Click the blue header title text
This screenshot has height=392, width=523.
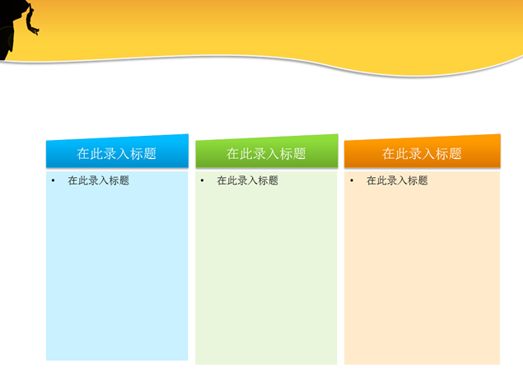tap(117, 153)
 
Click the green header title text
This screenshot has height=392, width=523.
tap(266, 153)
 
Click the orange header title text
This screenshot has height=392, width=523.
tap(422, 153)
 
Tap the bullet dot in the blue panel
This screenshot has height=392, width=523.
tap(53, 180)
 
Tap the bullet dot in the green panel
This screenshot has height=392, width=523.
tap(202, 180)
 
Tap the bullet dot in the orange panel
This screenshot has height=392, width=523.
tap(351, 180)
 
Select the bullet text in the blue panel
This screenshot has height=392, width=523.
tap(98, 180)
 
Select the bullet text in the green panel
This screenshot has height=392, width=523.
tap(247, 180)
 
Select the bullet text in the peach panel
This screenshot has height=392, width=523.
tap(397, 180)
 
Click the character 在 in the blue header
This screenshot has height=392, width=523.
tap(84, 153)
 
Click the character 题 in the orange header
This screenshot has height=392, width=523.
tap(455, 153)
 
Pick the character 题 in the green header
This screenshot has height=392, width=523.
tap(299, 153)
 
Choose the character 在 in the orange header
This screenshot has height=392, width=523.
tap(389, 153)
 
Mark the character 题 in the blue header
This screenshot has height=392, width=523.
tap(150, 153)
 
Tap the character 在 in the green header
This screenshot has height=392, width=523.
tap(233, 153)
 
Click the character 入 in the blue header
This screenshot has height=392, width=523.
tap(124, 153)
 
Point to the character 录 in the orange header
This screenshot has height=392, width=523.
tap(415, 153)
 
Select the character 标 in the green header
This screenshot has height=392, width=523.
tap(286, 153)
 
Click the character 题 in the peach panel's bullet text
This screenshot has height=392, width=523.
tap(423, 180)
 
